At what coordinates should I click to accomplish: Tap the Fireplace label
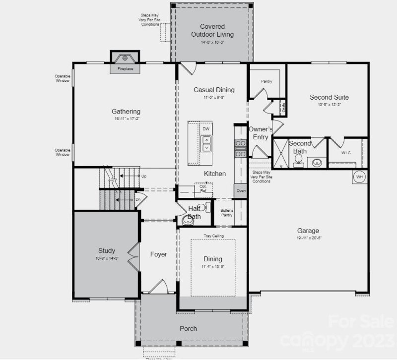(x=125, y=69)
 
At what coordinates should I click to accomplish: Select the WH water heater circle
(x=359, y=176)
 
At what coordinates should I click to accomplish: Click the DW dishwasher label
(x=206, y=129)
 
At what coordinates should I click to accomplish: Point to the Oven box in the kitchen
(x=241, y=190)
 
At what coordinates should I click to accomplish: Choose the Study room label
(x=106, y=250)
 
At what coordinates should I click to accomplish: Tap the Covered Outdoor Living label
(x=212, y=30)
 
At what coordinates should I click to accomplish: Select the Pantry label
(x=267, y=81)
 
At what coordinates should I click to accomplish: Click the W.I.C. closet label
(x=346, y=153)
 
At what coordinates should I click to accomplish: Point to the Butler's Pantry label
(x=227, y=212)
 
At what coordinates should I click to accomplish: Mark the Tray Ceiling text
(x=213, y=236)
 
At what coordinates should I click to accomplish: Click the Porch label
(x=189, y=328)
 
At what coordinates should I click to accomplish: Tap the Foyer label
(x=159, y=254)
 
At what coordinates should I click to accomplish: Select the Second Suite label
(x=329, y=97)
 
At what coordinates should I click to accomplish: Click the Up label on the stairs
(x=144, y=176)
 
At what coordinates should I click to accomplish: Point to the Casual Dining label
(x=214, y=90)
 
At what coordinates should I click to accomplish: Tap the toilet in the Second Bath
(x=299, y=159)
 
